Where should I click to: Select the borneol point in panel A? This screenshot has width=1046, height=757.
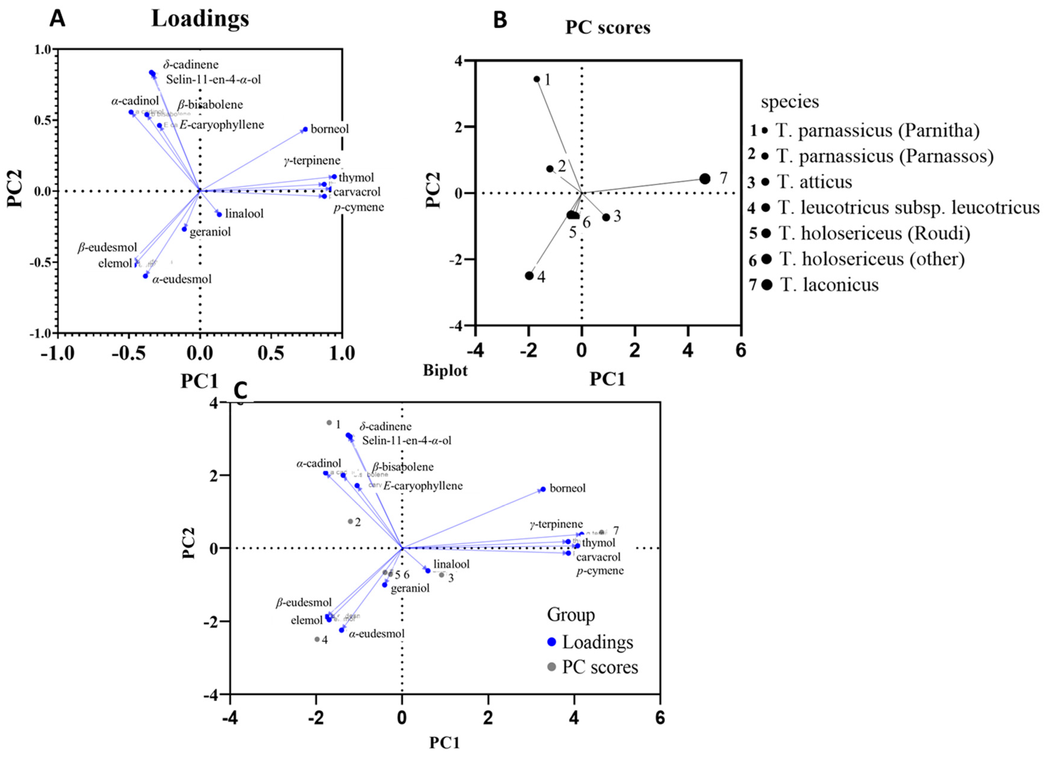305,129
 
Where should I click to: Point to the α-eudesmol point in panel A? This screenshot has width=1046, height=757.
145,276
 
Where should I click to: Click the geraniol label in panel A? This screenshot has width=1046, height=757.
210,232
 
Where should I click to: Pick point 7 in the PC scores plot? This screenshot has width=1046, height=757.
705,179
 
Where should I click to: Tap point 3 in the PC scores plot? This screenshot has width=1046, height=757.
606,218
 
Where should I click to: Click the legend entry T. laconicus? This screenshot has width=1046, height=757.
829,285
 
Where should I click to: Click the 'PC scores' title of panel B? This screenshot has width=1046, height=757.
608,28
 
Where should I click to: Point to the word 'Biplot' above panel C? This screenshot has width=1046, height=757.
445,370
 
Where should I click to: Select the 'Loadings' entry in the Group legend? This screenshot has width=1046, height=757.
597,642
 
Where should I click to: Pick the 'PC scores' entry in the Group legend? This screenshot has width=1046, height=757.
599,667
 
